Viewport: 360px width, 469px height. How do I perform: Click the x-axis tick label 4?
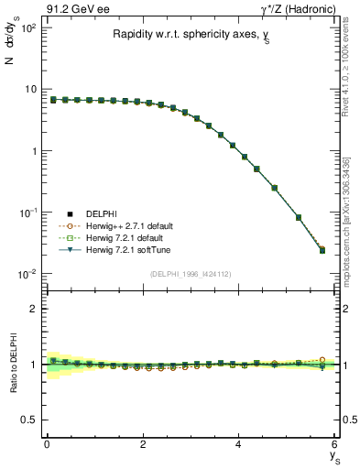(x=238, y=444)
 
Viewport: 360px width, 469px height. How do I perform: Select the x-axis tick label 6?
(x=334, y=444)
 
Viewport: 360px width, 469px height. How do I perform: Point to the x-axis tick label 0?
(x=47, y=444)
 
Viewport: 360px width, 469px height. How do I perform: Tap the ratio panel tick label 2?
(x=31, y=309)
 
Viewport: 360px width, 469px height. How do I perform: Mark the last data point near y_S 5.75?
(x=322, y=249)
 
